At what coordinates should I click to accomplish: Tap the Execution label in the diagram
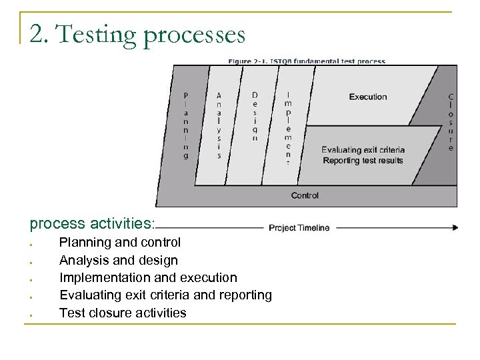367,97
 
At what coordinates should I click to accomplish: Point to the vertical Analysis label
219,123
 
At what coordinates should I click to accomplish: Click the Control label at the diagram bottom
305,195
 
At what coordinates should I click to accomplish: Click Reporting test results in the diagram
363,160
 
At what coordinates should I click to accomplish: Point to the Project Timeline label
299,227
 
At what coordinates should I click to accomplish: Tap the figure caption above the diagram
306,61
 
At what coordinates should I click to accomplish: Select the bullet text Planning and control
119,242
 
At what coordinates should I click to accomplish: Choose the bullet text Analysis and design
118,259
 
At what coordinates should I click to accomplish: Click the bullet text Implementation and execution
147,277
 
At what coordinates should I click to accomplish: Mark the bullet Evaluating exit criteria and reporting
165,294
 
